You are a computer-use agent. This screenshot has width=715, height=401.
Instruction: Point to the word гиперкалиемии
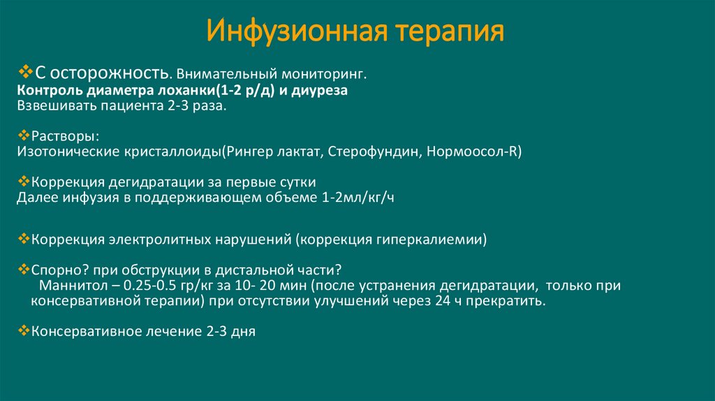(x=438, y=240)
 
